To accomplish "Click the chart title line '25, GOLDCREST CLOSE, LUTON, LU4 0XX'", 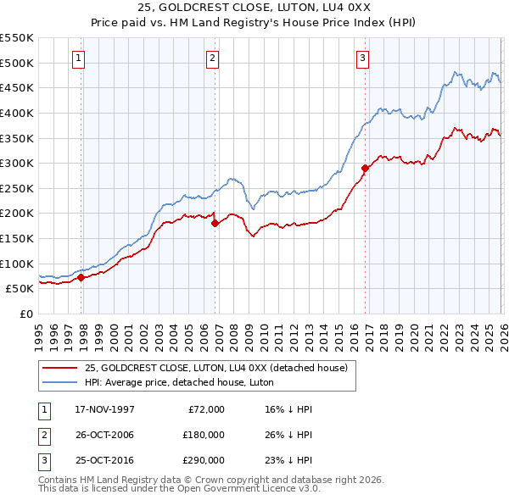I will [x=254, y=8].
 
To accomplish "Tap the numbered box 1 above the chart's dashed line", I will [x=78, y=58].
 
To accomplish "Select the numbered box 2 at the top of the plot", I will [x=211, y=58].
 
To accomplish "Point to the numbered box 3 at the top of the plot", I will [x=362, y=58].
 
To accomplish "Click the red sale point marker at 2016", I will [x=366, y=168].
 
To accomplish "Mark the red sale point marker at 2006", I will [x=215, y=224].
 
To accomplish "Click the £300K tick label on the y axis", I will [x=17, y=163].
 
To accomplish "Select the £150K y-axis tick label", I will [x=17, y=238].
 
